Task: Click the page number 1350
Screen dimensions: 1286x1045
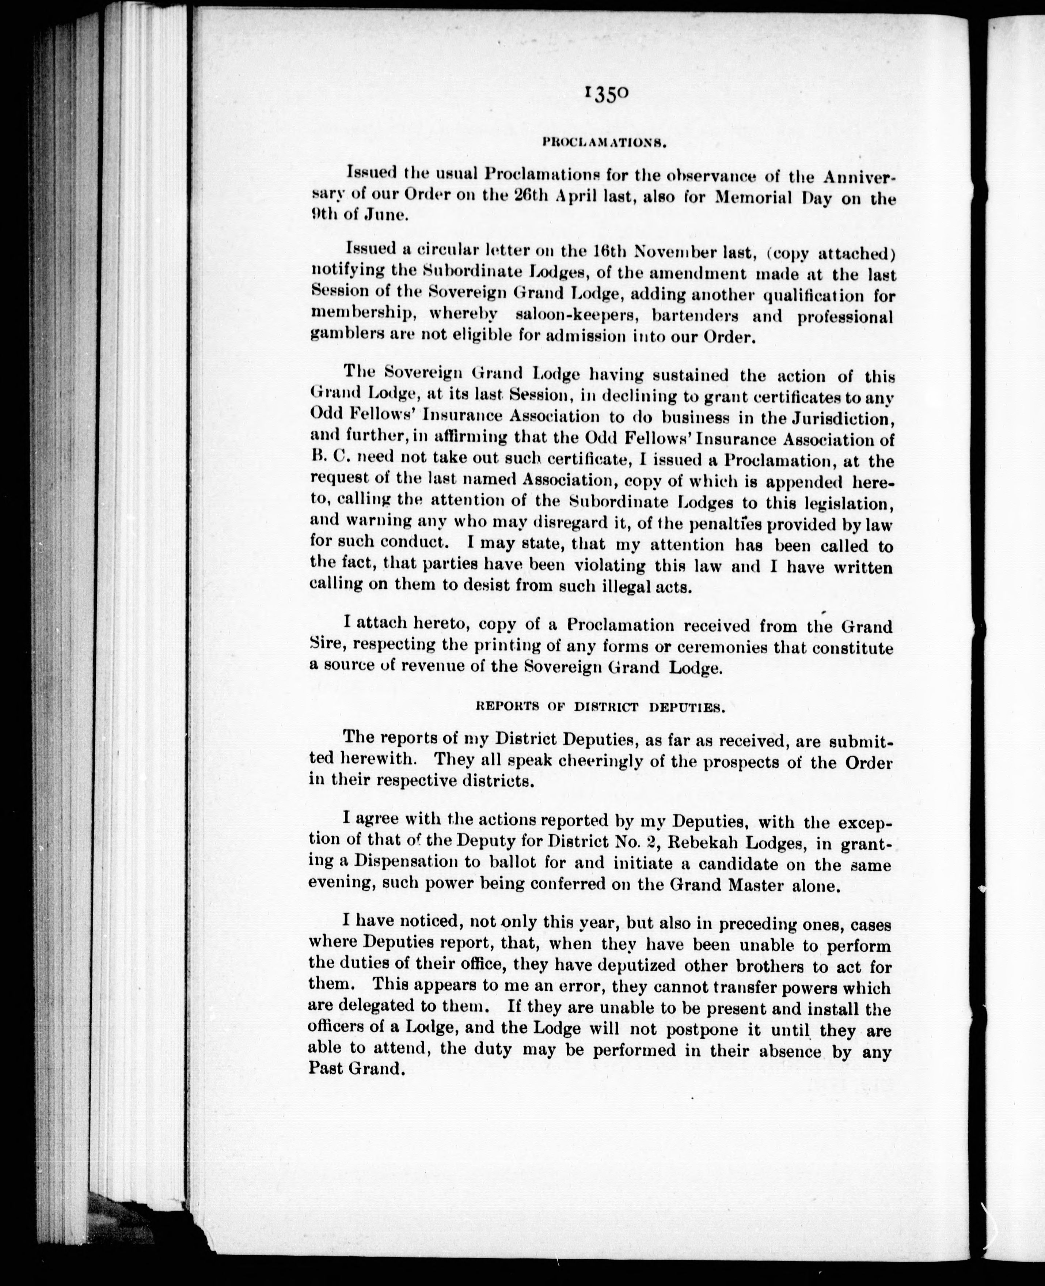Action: click(605, 95)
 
